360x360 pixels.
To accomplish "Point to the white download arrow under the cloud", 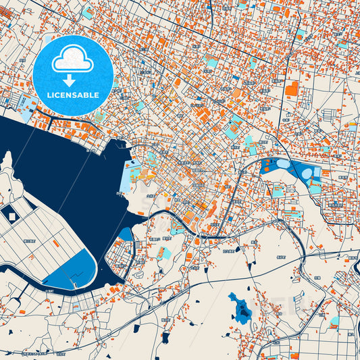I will tap(70, 80).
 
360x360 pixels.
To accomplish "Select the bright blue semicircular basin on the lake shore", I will tap(74, 269).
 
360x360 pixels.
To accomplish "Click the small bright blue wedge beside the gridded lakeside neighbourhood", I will tap(126, 234).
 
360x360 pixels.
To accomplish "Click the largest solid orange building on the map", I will tap(291, 88).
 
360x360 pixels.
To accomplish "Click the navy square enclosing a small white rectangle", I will tap(11, 215).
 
